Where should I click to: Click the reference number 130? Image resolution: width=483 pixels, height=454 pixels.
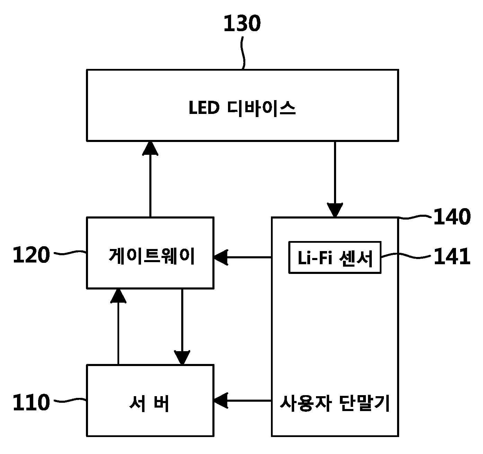click(242, 24)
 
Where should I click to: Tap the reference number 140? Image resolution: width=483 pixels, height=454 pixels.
click(452, 216)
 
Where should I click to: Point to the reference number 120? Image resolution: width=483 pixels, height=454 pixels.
click(32, 255)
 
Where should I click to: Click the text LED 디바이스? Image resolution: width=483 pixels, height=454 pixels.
click(242, 108)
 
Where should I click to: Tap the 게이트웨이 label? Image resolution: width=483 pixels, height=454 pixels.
click(151, 256)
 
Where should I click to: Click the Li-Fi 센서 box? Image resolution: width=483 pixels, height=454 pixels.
click(335, 258)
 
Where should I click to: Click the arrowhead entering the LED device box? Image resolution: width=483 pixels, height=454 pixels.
click(150, 148)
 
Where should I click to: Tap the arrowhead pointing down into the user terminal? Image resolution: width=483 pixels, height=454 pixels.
click(335, 210)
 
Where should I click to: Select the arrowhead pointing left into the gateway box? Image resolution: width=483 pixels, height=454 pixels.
click(221, 257)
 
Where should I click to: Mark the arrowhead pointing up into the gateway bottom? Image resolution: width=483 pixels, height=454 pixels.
click(118, 296)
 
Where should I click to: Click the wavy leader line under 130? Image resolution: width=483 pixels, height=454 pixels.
click(243, 53)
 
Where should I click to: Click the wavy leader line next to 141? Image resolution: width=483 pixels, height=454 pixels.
click(406, 256)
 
